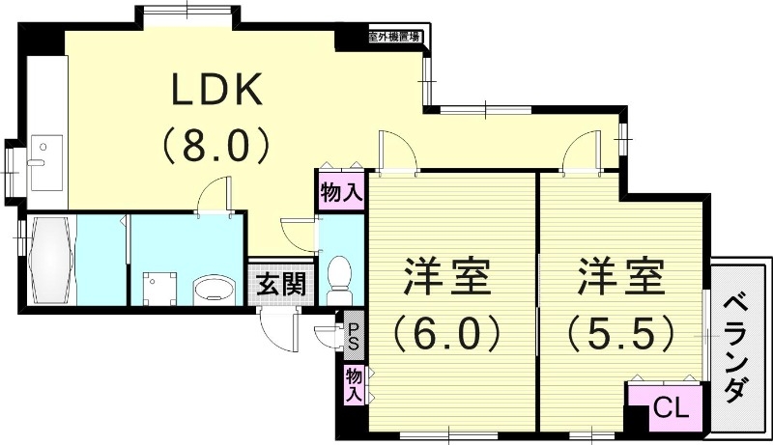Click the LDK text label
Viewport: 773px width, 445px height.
point(216,92)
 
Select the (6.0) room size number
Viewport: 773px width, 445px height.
point(446,335)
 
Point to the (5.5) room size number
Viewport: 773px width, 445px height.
point(619,335)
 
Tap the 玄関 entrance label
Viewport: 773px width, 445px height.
point(280,285)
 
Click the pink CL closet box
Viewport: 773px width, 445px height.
point(666,406)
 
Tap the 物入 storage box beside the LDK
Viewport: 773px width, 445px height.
point(341,191)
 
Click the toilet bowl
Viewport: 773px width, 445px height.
point(339,271)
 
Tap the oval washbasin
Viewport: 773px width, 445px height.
point(215,289)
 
